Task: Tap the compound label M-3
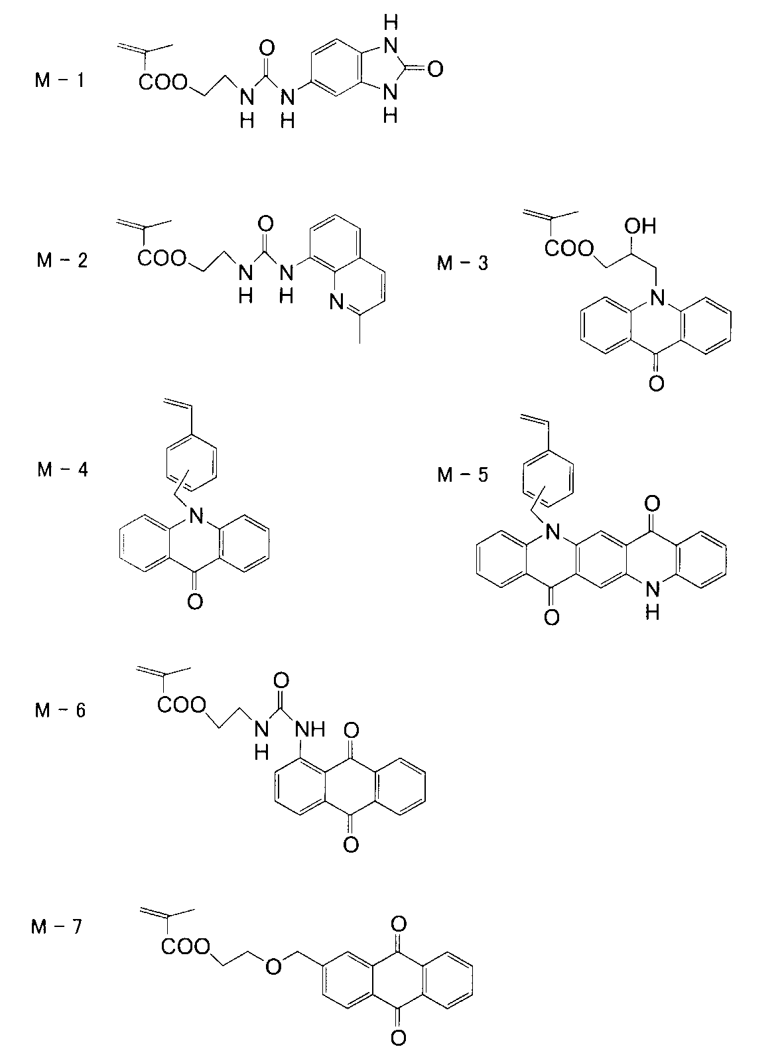462,263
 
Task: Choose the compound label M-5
462,475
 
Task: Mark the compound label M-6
60,710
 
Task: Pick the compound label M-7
58,926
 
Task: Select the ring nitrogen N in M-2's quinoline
336,304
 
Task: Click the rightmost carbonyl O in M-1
434,68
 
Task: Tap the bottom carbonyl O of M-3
656,384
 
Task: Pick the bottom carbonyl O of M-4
194,602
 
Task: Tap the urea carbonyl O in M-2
267,222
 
